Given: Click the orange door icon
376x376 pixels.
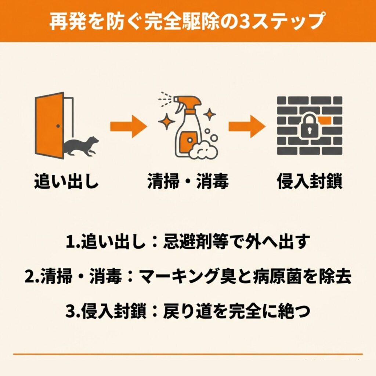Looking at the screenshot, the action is pos(50,126).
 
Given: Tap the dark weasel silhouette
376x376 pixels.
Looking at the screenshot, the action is pos(81,147).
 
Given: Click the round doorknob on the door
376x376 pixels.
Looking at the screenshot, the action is pos(58,126).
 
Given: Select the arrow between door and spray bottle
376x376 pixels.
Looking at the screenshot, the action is pos(129,127).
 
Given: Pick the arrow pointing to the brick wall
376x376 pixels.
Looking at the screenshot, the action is pos(247,127).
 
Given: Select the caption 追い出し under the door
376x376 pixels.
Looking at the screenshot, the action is pos(66,181).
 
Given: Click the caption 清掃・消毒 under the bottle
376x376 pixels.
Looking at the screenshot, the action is pos(188,181).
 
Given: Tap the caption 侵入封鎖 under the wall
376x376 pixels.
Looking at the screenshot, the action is pos(310,181).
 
